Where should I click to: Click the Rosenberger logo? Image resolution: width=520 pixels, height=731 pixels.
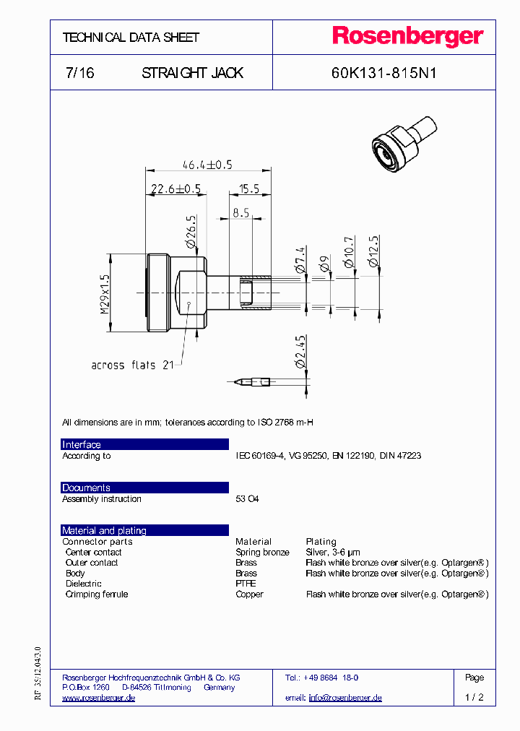[x=407, y=36]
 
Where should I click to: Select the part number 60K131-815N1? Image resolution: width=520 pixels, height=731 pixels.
[x=383, y=73]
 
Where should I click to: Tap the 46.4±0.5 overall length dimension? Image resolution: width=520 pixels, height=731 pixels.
[x=207, y=164]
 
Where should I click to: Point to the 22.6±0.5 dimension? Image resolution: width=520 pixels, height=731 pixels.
[x=175, y=189]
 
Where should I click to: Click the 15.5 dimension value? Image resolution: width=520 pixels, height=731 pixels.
[x=249, y=189]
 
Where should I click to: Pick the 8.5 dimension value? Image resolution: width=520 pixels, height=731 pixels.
[x=240, y=213]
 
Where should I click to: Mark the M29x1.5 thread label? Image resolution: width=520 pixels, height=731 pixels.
[x=105, y=293]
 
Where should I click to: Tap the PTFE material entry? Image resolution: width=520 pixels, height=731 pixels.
[x=246, y=584]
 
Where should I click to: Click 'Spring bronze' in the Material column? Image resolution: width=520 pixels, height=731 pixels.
[x=262, y=552]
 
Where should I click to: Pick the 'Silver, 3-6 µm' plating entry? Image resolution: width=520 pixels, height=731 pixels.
[x=334, y=552]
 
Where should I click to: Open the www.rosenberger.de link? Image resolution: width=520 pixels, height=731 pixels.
[x=98, y=698]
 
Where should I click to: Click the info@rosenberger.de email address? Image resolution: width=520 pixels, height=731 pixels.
[x=345, y=698]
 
